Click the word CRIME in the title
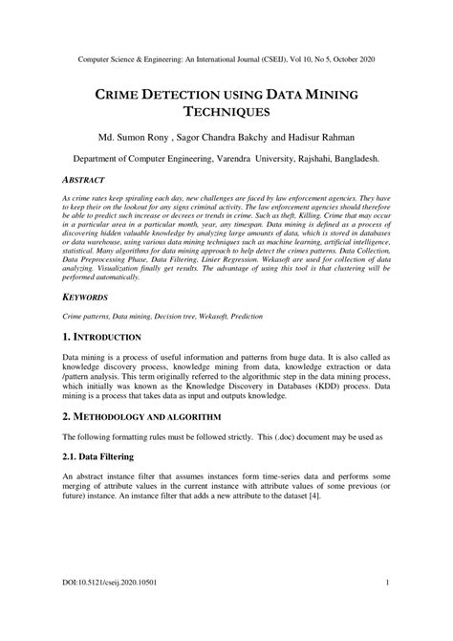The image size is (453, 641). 119,95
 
